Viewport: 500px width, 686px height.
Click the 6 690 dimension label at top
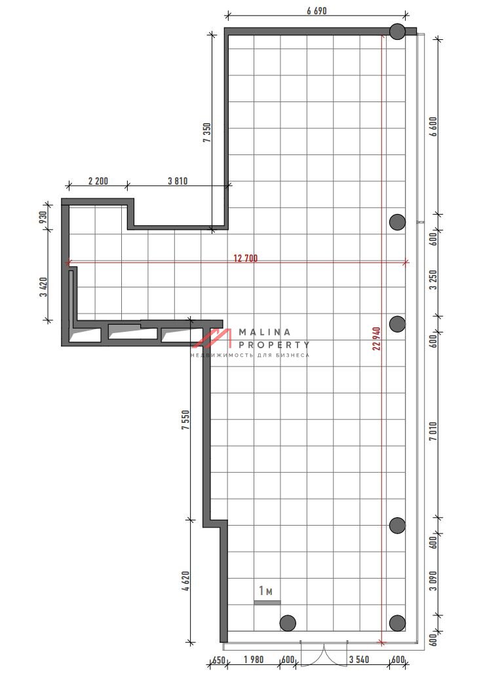317,11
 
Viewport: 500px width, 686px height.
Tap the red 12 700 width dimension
245,258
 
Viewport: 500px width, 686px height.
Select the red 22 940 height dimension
377,338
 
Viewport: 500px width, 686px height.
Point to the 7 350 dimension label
207,133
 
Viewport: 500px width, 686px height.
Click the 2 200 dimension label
98,181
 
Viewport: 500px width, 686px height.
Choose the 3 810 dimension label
178,181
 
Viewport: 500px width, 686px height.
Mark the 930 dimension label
43,217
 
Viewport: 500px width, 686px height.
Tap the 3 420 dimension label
43,287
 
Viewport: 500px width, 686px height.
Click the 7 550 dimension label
186,420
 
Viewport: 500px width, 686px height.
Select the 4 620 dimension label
186,581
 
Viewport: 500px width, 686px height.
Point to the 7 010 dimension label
433,431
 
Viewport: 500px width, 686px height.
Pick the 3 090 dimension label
433,581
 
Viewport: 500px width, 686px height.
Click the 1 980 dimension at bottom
254,659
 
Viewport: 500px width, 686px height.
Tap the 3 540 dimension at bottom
359,659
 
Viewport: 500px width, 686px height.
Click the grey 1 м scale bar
267,602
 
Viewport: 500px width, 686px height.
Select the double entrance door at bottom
324,654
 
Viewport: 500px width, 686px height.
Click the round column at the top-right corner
397,31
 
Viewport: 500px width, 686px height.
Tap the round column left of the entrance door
288,623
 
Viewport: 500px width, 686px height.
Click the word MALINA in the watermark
265,333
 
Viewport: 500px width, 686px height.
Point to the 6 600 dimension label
433,126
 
